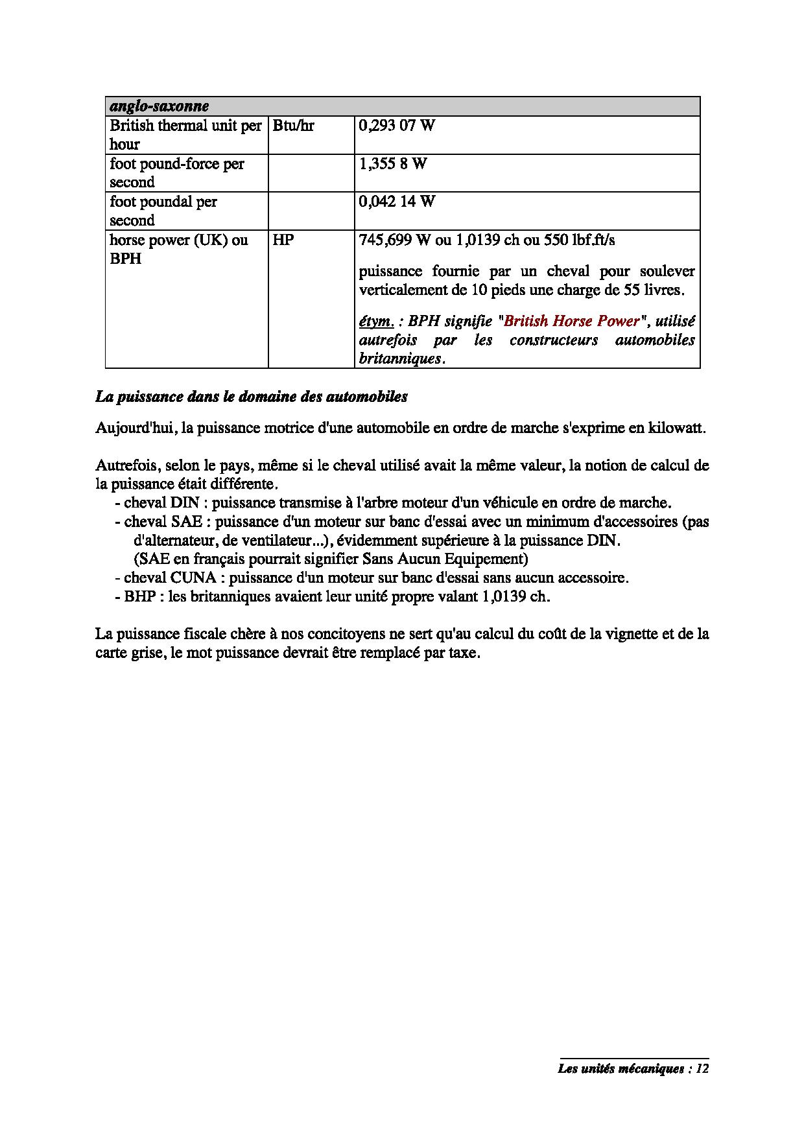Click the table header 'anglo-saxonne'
tap(159, 106)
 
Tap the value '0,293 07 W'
tap(397, 126)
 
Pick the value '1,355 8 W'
tap(393, 163)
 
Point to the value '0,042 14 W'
tap(397, 202)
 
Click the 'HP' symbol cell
tap(283, 240)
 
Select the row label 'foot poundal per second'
tap(163, 211)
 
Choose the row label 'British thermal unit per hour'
tap(185, 134)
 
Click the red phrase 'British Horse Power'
tap(572, 321)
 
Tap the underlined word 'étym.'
tap(376, 321)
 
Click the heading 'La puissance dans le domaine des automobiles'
tap(251, 397)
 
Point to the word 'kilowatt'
tap(676, 428)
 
